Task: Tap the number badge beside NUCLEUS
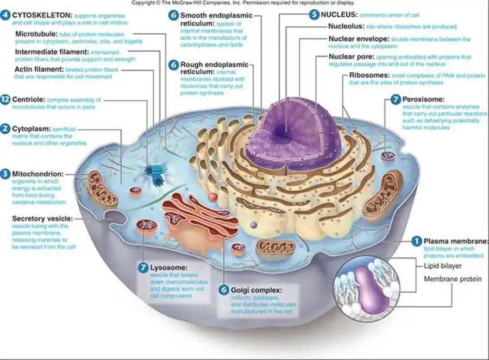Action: click(x=314, y=15)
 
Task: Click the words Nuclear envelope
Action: click(x=359, y=39)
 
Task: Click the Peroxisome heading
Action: click(x=423, y=100)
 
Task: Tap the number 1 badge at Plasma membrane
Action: click(x=416, y=241)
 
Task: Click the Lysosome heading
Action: click(x=169, y=268)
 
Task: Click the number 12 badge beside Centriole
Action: click(x=5, y=100)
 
